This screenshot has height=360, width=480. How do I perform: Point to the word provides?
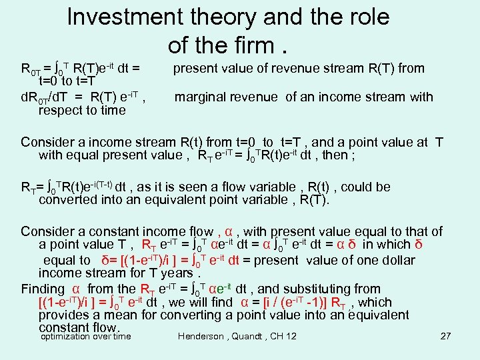click(x=65, y=315)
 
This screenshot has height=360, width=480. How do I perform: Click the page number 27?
click(x=446, y=337)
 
